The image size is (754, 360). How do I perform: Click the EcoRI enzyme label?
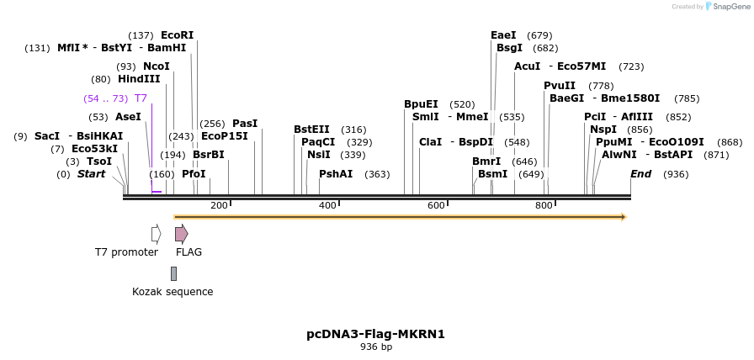pyautogui.click(x=177, y=35)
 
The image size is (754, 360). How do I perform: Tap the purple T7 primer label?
pyautogui.click(x=141, y=98)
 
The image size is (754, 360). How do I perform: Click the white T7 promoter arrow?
pyautogui.click(x=156, y=234)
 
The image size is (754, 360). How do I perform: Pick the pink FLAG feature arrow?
pyautogui.click(x=181, y=234)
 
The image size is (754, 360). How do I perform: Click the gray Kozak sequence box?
pyautogui.click(x=173, y=273)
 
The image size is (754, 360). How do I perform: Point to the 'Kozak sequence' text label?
pyautogui.click(x=173, y=292)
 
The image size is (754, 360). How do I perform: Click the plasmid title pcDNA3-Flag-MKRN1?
pyautogui.click(x=375, y=334)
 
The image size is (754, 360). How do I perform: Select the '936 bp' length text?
pyautogui.click(x=376, y=347)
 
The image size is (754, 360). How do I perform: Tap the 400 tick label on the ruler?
pyautogui.click(x=327, y=206)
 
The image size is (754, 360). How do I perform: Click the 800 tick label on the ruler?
pyautogui.click(x=544, y=206)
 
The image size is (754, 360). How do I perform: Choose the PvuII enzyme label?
pyautogui.click(x=560, y=86)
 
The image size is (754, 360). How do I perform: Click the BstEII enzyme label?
pyautogui.click(x=311, y=130)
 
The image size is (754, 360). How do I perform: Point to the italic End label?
pyautogui.click(x=640, y=174)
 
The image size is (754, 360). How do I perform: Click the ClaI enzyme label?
pyautogui.click(x=431, y=142)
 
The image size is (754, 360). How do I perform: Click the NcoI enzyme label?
pyautogui.click(x=156, y=66)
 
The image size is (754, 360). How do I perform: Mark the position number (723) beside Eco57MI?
pyautogui.click(x=631, y=66)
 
